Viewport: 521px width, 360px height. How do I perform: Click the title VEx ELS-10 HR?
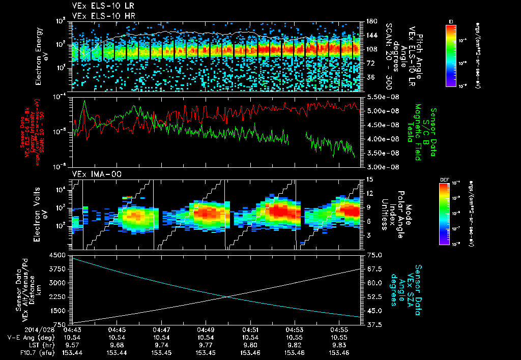coord(97,16)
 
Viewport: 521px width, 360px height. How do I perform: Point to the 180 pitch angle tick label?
coord(370,21)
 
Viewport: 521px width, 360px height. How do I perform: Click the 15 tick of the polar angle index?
coord(369,179)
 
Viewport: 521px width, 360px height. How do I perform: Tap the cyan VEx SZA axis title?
coord(407,285)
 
